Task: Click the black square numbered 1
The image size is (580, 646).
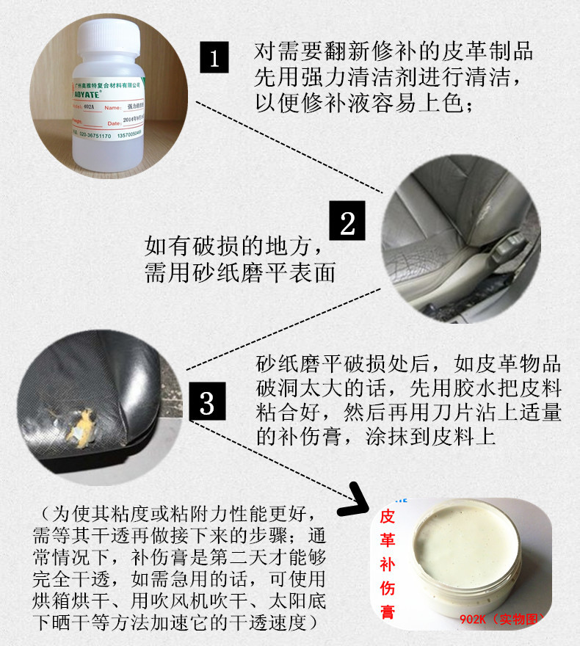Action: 214,57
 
